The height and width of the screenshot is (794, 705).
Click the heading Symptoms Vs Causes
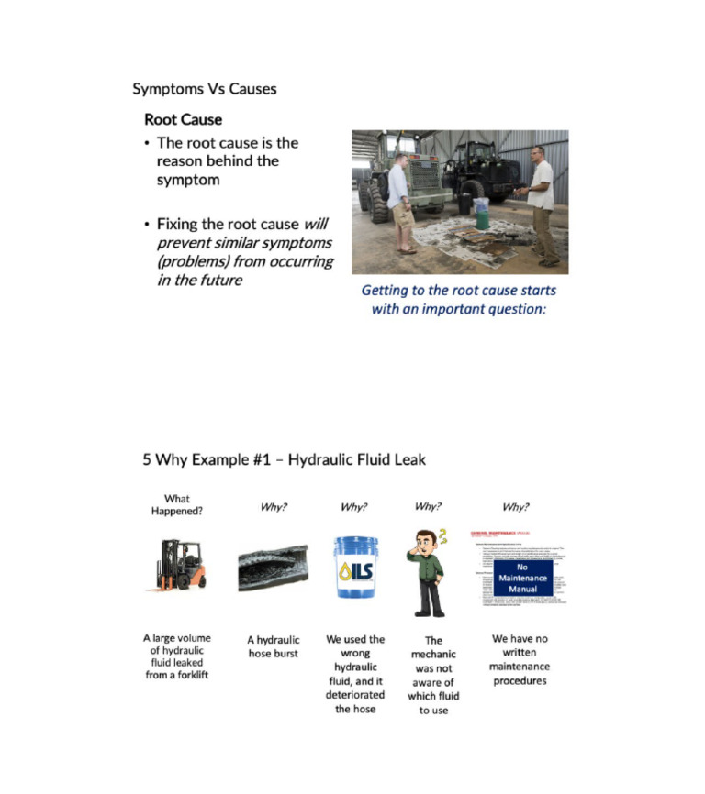[x=205, y=89]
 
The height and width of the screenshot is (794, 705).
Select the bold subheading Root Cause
[x=183, y=119]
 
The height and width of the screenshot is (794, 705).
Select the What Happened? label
[x=176, y=505]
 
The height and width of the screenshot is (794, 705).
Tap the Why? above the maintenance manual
[x=516, y=506]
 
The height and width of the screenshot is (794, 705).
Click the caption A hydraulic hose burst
[x=274, y=646]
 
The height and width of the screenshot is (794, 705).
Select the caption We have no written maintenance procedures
[x=520, y=659]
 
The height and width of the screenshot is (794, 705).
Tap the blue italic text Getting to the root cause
[x=458, y=291]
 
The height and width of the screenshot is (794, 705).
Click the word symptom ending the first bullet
[x=188, y=180]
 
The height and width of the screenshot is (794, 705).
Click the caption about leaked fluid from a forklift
[x=176, y=656]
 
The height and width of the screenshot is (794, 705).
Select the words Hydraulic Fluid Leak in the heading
[x=357, y=459]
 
